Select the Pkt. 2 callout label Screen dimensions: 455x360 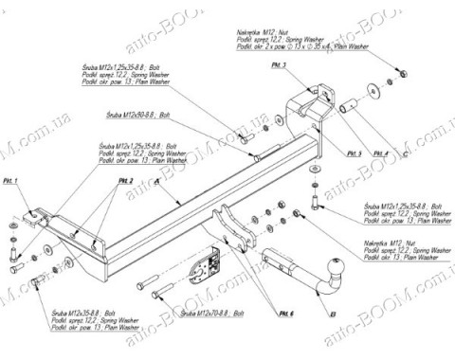click(126, 180)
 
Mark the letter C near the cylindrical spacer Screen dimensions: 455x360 click(403, 152)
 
